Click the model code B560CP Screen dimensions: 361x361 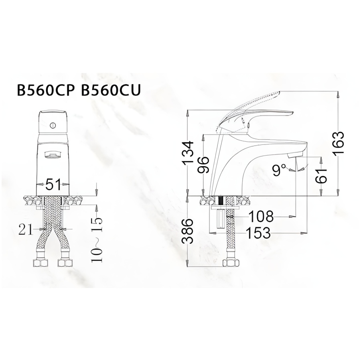46,90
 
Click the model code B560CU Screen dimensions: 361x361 111,90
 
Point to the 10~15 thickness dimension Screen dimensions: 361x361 97,239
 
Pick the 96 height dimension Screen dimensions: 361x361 204,164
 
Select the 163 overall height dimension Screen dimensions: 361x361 339,143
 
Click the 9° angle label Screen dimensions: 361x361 279,170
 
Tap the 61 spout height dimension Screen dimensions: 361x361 321,176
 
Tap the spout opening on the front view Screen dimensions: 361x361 53,154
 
